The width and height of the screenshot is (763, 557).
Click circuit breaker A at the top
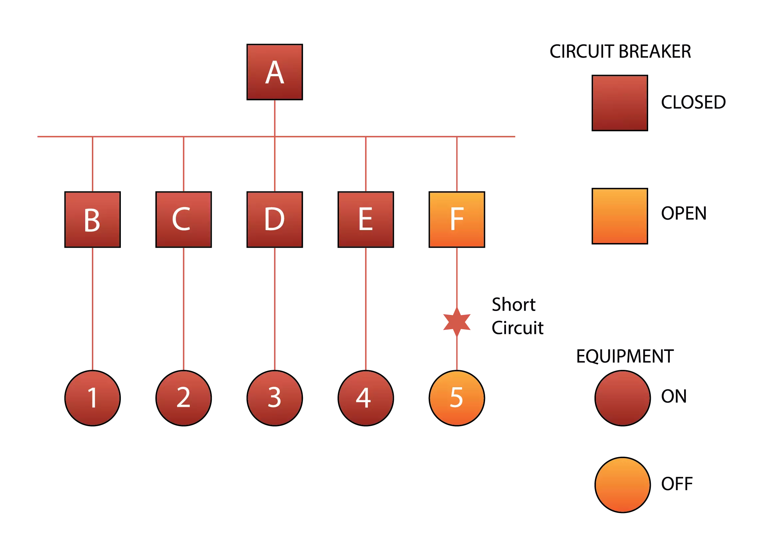click(x=274, y=72)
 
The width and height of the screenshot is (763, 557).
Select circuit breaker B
click(x=93, y=219)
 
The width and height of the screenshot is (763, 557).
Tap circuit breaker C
click(x=183, y=219)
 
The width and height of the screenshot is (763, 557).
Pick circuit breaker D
click(x=274, y=219)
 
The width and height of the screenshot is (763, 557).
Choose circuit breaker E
click(x=365, y=219)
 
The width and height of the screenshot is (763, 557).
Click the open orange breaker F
click(x=456, y=219)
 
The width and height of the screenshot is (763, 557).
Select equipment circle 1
click(x=93, y=398)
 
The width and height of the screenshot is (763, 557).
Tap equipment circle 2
click(x=183, y=398)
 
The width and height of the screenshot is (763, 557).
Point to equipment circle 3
click(x=274, y=398)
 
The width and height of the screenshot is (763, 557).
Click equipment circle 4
click(x=365, y=398)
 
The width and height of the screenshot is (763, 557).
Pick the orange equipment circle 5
click(x=456, y=398)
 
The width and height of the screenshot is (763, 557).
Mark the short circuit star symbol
click(x=456, y=321)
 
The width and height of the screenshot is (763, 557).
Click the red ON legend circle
click(x=622, y=398)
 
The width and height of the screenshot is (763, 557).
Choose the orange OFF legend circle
click(x=622, y=485)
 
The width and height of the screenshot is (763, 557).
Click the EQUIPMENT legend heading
click(x=625, y=357)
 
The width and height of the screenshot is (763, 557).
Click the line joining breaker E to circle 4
click(x=366, y=309)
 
